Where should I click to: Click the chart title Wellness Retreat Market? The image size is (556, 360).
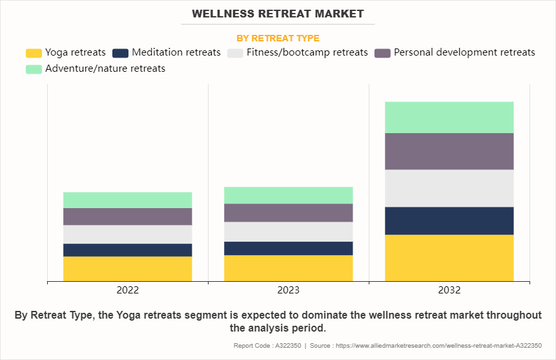pos(278,14)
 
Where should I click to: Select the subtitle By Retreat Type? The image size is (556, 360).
pos(278,38)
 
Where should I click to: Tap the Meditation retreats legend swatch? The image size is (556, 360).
pos(120,53)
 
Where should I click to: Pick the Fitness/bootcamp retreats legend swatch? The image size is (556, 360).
pos(236,53)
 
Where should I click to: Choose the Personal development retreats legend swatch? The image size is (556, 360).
pos(382,53)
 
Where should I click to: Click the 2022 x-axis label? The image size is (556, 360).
pos(127,290)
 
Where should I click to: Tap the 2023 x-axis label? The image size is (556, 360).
pos(288,290)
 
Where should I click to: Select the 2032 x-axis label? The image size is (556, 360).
pos(449,290)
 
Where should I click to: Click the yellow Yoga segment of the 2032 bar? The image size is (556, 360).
pos(449,258)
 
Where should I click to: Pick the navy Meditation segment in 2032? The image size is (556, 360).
pos(449,220)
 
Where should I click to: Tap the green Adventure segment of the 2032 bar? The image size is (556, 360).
pos(449,117)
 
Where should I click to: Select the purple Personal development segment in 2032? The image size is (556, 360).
pos(449,151)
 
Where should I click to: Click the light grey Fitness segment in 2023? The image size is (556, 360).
pos(288,231)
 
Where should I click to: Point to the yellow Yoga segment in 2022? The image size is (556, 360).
pos(127,269)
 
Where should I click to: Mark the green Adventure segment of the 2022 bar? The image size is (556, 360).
pos(127,200)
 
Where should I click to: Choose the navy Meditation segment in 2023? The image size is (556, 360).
pos(288,248)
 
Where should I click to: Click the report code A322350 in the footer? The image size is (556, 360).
pos(263,346)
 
